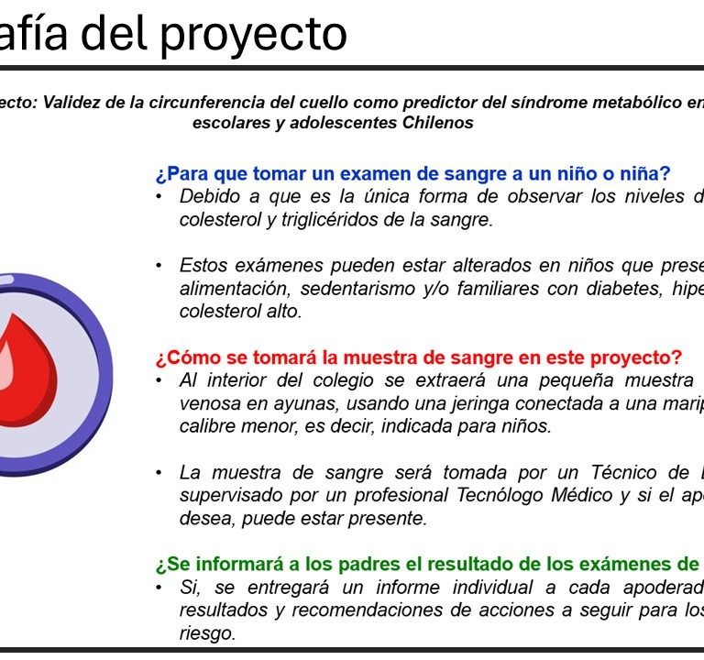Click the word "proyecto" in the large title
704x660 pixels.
pyautogui.click(x=254, y=36)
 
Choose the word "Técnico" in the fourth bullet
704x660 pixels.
pyautogui.click(x=624, y=472)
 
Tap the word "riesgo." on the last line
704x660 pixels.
pyautogui.click(x=207, y=633)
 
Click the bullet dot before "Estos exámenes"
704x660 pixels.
pyautogui.click(x=159, y=266)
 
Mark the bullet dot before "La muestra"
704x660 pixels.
pyautogui.click(x=159, y=473)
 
